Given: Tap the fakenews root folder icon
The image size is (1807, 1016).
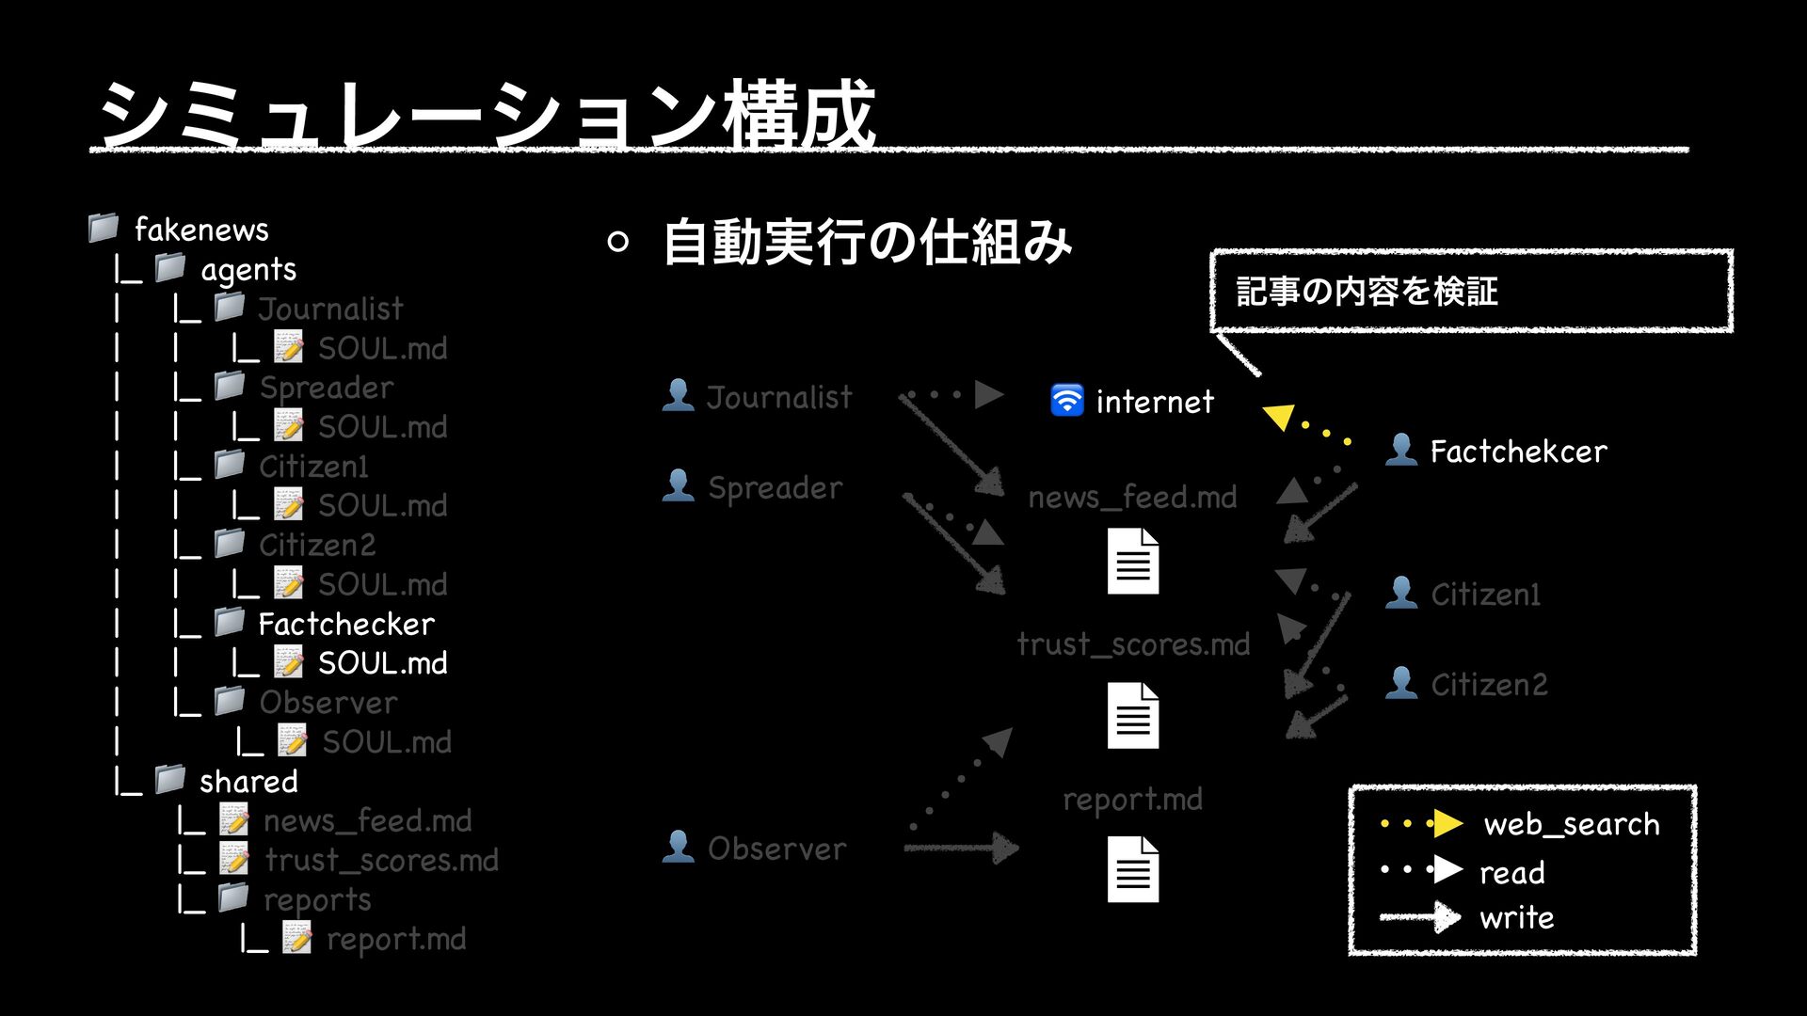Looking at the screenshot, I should tap(104, 228).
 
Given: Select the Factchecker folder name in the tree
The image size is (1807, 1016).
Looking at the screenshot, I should tap(346, 624).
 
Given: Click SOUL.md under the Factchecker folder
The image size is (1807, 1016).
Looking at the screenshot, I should tap(382, 663).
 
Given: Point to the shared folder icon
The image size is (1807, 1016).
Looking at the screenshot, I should tap(170, 779).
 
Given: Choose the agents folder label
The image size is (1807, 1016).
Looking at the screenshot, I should tap(248, 270).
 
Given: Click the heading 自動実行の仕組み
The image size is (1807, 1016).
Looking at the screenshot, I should tap(867, 242).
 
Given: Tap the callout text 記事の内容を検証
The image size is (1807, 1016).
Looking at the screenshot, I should tap(1367, 292).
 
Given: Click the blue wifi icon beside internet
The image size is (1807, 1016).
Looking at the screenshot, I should tap(1066, 400).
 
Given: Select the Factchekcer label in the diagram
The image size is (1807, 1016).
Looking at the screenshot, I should tap(1518, 452).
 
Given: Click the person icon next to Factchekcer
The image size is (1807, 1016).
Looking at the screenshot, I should tap(1401, 450).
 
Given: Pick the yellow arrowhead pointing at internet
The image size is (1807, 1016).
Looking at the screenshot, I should tap(1279, 415).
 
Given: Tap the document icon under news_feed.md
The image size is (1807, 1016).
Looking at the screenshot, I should tap(1133, 562).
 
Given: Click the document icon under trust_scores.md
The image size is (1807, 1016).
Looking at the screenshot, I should tap(1133, 716).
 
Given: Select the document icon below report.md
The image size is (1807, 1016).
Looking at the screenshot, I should tap(1133, 869).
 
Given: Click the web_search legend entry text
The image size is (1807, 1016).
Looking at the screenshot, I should tap(1571, 824).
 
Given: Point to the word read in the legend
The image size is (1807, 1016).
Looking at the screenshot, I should tap(1511, 872).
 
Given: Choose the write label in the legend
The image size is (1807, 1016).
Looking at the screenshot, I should tap(1516, 917).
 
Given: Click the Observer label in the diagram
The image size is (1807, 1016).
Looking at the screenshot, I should tap(776, 849).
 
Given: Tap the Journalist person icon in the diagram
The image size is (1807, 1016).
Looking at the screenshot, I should tap(678, 395).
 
